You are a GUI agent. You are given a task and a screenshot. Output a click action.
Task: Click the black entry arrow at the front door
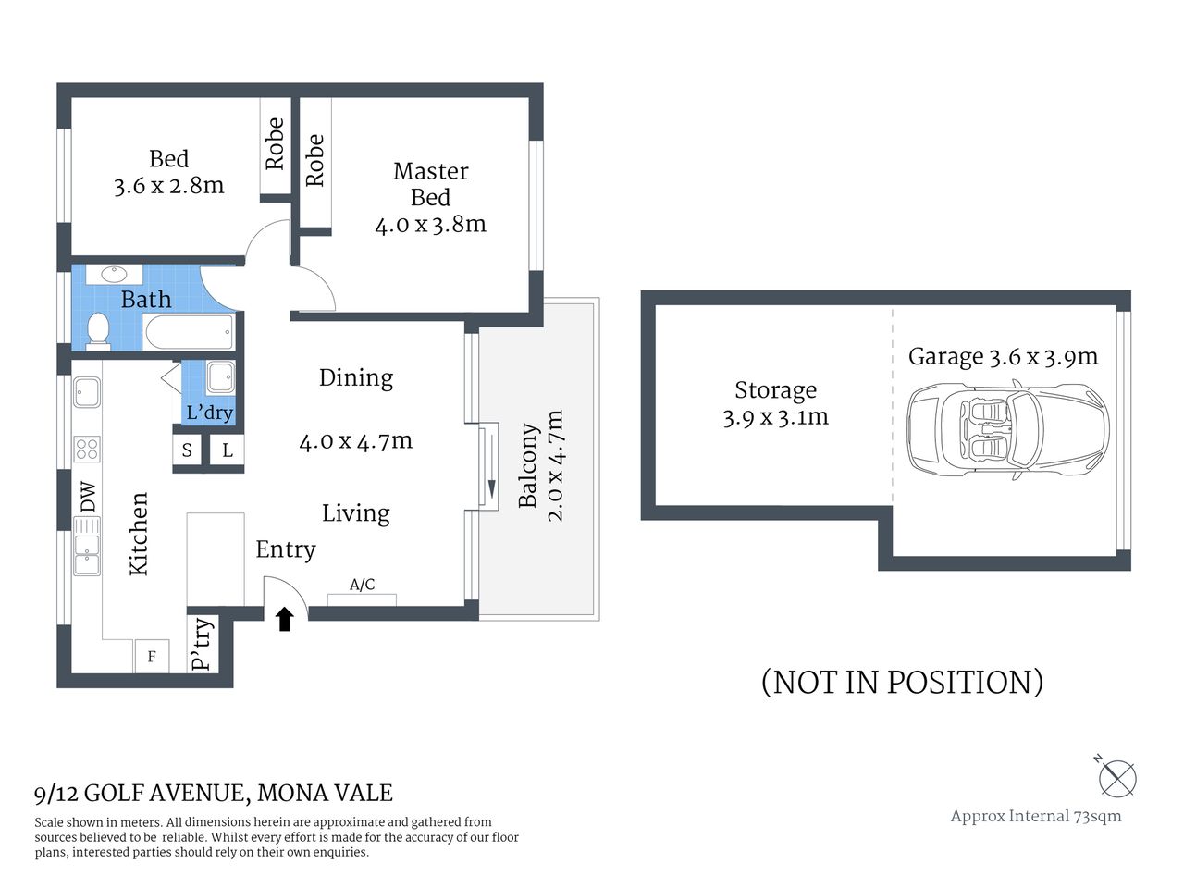285,619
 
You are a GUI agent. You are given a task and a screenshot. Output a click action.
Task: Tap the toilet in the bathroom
97,330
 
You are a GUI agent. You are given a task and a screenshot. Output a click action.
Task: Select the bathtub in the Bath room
189,332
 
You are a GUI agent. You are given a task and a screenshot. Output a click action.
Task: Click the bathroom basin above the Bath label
115,275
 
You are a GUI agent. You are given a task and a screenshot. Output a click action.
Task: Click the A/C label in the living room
363,585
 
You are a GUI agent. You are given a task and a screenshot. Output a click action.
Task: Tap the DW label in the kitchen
88,498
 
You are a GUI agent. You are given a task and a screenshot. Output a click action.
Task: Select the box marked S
187,450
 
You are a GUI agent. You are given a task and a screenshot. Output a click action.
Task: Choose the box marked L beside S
228,450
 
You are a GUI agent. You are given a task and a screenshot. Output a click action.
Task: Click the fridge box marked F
152,657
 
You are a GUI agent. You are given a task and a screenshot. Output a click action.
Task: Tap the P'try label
203,645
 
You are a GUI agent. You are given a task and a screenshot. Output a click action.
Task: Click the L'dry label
209,413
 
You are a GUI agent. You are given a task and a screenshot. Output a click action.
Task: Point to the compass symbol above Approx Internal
1117,778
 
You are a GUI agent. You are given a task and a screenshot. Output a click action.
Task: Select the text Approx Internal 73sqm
1035,816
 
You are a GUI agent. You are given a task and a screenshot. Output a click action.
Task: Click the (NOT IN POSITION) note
902,682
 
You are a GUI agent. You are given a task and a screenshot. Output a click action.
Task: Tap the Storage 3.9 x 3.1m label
775,403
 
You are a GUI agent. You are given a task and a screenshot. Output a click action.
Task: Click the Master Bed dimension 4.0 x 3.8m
430,224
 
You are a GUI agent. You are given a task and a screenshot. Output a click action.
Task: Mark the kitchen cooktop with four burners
87,450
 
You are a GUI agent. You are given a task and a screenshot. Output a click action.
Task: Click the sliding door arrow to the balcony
489,466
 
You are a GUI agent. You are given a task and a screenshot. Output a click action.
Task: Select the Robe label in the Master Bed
314,160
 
